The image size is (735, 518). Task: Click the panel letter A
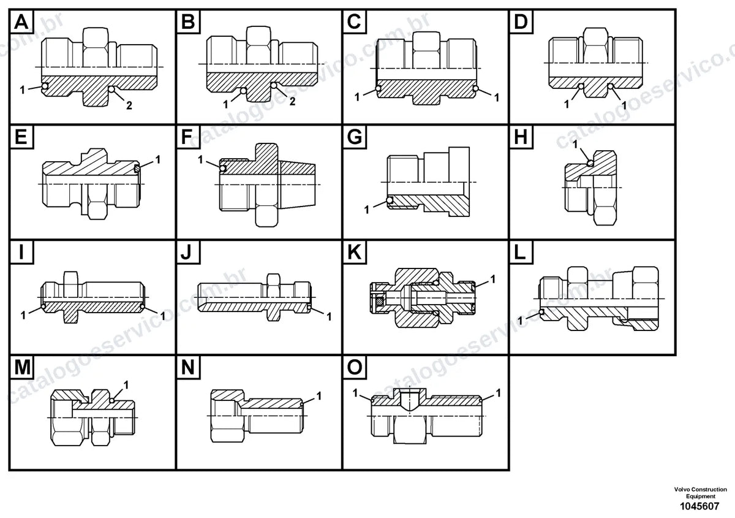click(x=21, y=22)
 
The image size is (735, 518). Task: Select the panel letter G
click(x=355, y=137)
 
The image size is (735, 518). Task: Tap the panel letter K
click(x=355, y=253)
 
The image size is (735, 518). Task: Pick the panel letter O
click(x=355, y=367)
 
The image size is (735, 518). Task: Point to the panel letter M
click(x=22, y=367)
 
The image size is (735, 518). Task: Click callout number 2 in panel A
click(x=129, y=105)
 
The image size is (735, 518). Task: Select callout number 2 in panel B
click(x=292, y=101)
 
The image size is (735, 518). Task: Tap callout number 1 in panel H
click(x=575, y=144)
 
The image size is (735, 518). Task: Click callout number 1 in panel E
click(x=158, y=159)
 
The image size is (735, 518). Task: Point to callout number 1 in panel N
click(x=318, y=396)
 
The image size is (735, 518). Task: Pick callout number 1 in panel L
click(x=520, y=320)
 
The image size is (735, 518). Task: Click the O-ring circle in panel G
click(x=390, y=200)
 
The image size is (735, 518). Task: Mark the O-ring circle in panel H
click(x=590, y=162)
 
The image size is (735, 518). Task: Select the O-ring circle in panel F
click(x=223, y=169)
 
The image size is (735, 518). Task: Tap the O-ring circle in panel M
click(x=112, y=400)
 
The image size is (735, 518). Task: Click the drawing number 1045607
click(x=699, y=506)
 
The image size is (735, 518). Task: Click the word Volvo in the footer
click(x=682, y=489)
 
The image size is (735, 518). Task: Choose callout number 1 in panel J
click(x=329, y=317)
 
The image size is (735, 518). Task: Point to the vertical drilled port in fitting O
click(x=409, y=400)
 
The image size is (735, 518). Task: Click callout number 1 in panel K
click(x=492, y=279)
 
